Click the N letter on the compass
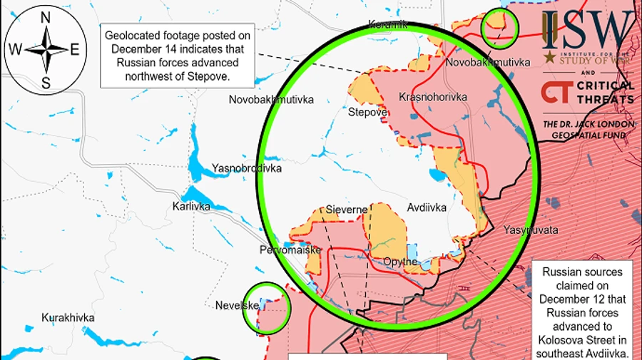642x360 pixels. (x=46, y=16)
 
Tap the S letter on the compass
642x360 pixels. (x=46, y=83)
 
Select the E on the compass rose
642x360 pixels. (x=76, y=49)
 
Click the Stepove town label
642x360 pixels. (x=367, y=113)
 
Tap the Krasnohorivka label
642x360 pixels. (x=433, y=97)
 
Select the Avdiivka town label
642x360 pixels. (x=427, y=207)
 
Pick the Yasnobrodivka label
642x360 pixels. (x=247, y=169)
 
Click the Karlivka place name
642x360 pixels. (x=192, y=206)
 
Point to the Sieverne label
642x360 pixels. (x=346, y=210)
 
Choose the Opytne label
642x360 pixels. (x=400, y=262)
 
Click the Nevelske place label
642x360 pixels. (x=237, y=306)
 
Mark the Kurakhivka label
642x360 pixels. (x=68, y=318)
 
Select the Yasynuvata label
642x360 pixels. (x=530, y=230)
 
